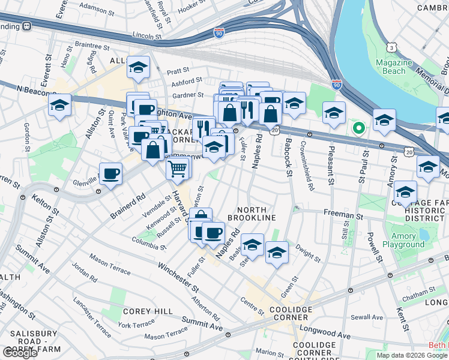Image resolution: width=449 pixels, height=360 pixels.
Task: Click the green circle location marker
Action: [359, 127]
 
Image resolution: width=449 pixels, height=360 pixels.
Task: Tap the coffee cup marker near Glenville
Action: [110, 175]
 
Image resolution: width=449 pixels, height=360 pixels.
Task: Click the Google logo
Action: [20, 353]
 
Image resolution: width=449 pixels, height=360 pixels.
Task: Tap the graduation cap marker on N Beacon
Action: [60, 106]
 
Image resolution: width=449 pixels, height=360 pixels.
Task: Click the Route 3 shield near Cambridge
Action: [391, 47]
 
